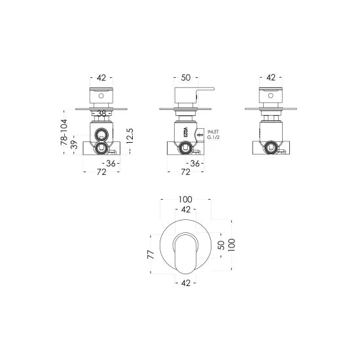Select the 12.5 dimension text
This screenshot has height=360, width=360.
pos(131,136)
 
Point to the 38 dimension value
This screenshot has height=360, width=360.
pos(101,113)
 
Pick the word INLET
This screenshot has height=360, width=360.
pos(214,132)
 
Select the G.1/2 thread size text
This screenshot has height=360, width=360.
pos(213,138)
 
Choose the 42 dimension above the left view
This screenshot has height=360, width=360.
pos(101,78)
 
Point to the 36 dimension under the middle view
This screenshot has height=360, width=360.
pos(194,163)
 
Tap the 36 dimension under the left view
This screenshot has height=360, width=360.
pos(111,163)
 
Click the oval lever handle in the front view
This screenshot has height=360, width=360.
pos(184,252)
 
